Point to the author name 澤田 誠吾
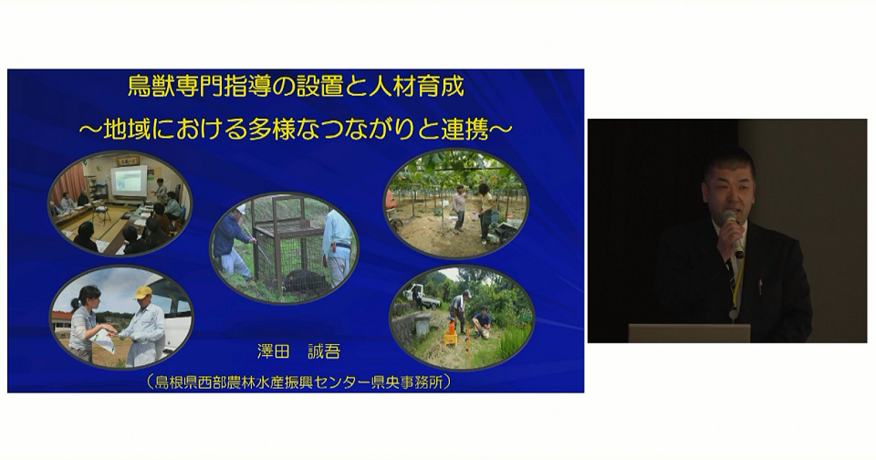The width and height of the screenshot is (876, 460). [x=298, y=351]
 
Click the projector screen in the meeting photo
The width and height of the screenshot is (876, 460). [x=128, y=180]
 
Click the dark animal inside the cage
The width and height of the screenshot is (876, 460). [x=305, y=283]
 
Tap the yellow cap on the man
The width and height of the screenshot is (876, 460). [x=143, y=292]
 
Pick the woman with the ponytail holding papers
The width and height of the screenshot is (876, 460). [x=88, y=321]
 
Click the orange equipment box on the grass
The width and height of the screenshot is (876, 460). [x=450, y=336]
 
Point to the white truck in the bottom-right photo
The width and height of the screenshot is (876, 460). [x=422, y=296]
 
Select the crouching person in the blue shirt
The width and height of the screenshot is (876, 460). [x=481, y=322]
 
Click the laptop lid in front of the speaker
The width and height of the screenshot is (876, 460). [x=689, y=333]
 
